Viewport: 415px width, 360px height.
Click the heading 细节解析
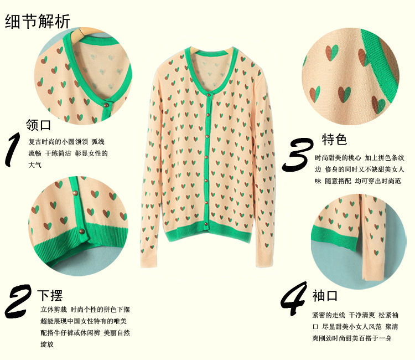tap(38, 21)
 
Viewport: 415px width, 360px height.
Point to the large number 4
tap(293, 302)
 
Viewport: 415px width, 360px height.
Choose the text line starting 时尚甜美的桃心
tap(360, 158)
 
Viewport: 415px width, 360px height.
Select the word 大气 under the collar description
tap(35, 165)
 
